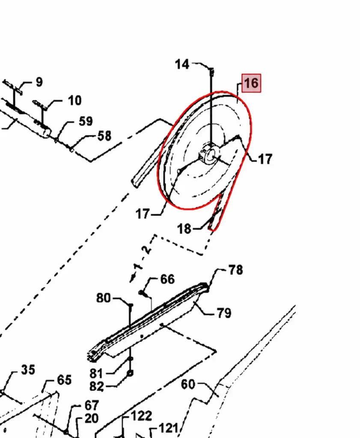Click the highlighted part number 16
[x=251, y=83]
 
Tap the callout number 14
[x=182, y=64]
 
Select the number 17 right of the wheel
[x=265, y=159]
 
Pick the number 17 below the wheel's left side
[x=143, y=214]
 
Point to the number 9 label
[x=39, y=82]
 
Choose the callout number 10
[x=74, y=101]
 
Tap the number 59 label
[x=86, y=121]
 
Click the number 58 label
[x=104, y=136]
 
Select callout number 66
[x=167, y=279]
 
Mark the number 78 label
[x=235, y=270]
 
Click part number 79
[x=224, y=313]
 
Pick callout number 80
[x=104, y=298]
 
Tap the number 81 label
[x=96, y=373]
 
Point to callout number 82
[x=97, y=387]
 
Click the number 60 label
[x=188, y=385]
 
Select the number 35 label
[x=28, y=370]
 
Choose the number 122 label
[x=141, y=416]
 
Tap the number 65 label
[x=64, y=380]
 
